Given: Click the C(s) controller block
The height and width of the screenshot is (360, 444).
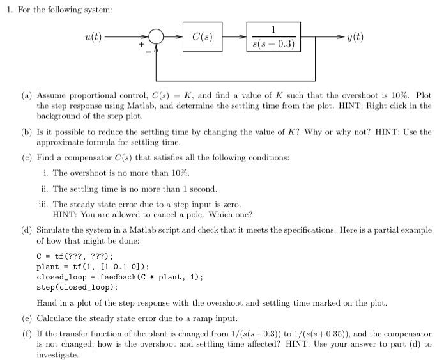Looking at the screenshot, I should tap(202, 38).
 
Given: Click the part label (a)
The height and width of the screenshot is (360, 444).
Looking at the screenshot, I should tap(27, 95).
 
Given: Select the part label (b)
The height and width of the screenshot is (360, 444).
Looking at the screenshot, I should tap(27, 132).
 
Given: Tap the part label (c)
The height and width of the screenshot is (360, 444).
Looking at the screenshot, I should tap(27, 157).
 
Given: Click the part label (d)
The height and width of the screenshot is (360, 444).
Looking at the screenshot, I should tap(27, 230).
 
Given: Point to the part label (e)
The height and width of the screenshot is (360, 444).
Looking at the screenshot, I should tap(27, 318).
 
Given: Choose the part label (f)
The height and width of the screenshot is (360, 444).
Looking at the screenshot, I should tap(27, 333).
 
